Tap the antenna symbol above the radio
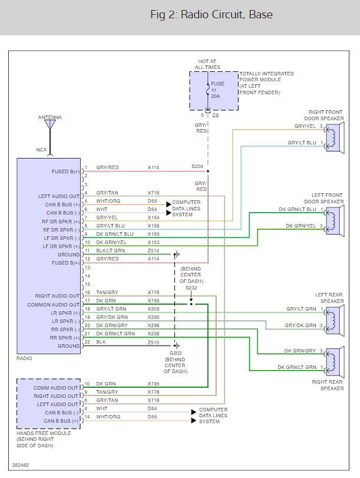point(50,126)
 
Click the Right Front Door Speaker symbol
point(334,135)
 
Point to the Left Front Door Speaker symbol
point(334,217)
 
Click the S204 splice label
point(197,167)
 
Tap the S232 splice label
point(191,288)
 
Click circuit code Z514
point(153,250)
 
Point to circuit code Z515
point(153,342)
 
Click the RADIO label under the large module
point(25,358)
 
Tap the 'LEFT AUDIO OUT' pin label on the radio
point(58,196)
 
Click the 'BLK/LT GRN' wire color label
point(111,250)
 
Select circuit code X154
point(153,217)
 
